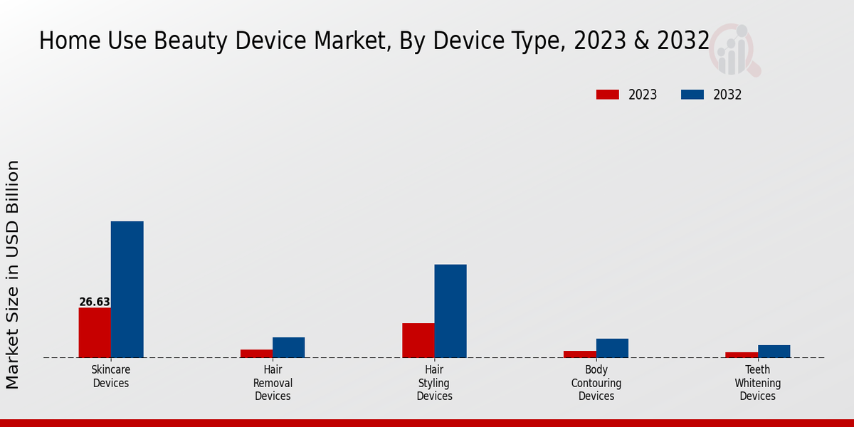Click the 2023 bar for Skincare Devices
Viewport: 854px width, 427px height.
click(x=95, y=332)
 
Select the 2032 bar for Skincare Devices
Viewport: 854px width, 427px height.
click(x=127, y=290)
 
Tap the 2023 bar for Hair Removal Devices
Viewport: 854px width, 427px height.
click(x=256, y=354)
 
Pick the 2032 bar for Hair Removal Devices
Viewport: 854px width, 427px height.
click(x=288, y=347)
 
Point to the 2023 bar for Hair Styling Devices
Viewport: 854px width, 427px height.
click(x=418, y=340)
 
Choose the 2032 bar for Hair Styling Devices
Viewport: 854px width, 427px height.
click(x=450, y=311)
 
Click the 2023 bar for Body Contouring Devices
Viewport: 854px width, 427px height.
click(x=580, y=354)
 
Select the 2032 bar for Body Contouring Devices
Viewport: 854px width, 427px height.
click(x=612, y=348)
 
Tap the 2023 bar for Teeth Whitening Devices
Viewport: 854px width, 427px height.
click(x=742, y=354)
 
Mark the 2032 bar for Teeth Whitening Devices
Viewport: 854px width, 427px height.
click(x=774, y=351)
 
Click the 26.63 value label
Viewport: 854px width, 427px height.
click(x=95, y=302)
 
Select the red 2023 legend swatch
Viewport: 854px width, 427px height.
click(x=608, y=95)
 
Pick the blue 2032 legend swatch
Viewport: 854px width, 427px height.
click(x=692, y=95)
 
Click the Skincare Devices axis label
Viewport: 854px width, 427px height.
click(x=111, y=376)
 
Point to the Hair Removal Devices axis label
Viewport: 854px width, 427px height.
click(x=273, y=383)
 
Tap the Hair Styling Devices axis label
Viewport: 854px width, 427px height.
click(x=434, y=383)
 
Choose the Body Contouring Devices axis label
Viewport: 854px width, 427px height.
click(x=596, y=383)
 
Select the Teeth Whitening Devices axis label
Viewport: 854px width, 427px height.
click(x=758, y=383)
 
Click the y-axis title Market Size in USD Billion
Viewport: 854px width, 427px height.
click(x=13, y=275)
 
